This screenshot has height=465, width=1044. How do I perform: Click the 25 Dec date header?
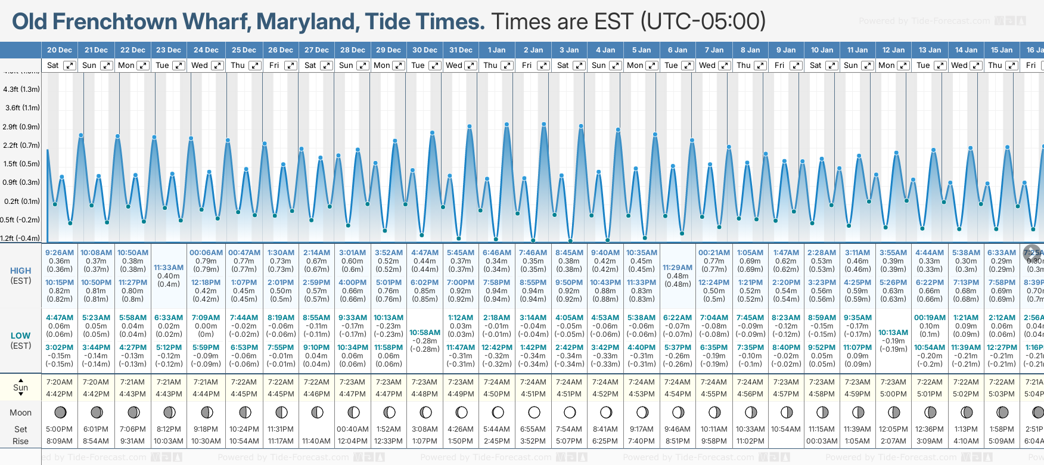[244, 50]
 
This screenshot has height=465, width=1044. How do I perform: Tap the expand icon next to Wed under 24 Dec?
[218, 66]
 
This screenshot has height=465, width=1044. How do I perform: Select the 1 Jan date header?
[496, 50]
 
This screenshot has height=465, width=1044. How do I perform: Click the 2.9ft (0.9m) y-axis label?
[21, 127]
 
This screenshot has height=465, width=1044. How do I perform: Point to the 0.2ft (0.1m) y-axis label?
[21, 201]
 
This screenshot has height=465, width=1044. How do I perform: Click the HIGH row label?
[20, 271]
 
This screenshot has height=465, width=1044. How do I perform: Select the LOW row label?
[20, 336]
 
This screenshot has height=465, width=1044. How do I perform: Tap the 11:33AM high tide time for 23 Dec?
[169, 268]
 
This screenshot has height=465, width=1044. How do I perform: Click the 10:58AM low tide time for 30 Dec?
[425, 333]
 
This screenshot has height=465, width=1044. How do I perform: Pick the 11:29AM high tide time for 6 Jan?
[678, 268]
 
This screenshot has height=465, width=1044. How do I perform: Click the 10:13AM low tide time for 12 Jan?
[893, 333]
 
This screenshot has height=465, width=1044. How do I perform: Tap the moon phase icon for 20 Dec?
[60, 412]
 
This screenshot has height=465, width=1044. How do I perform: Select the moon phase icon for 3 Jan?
[569, 412]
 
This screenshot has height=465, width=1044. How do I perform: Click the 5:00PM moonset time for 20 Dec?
[59, 429]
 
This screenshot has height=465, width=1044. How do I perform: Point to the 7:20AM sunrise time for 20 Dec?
[59, 382]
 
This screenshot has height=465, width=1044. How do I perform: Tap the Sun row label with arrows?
[20, 387]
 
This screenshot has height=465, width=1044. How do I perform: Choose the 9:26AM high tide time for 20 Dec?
[59, 253]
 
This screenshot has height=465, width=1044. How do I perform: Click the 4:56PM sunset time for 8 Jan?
[750, 394]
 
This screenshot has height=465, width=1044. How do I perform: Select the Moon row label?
[20, 413]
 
